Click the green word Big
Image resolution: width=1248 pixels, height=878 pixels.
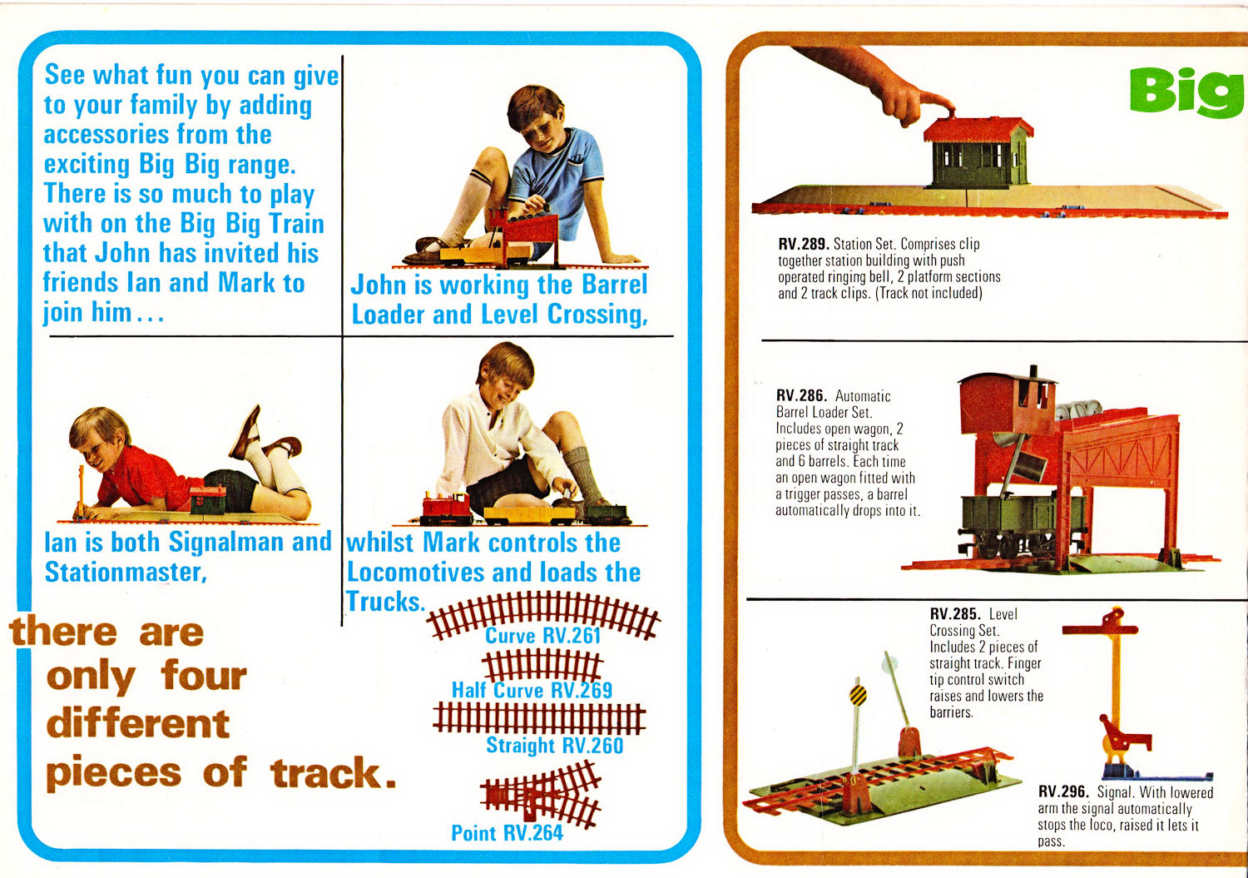point(1186,93)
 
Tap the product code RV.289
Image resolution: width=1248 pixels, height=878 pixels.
point(804,244)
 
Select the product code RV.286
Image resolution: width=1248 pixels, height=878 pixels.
point(801,395)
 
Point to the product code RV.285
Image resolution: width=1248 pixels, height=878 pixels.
point(955,613)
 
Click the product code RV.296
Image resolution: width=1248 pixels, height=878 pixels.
point(1063,791)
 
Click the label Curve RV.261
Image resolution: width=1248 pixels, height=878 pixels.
point(542,636)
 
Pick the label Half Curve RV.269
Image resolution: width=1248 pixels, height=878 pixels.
point(532,690)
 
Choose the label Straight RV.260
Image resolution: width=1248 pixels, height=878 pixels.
point(554,746)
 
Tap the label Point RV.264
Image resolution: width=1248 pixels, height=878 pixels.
point(507,833)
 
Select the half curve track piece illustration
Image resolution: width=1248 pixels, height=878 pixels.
point(542,666)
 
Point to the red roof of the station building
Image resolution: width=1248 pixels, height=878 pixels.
point(978,129)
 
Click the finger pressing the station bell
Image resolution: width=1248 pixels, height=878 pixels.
point(928,103)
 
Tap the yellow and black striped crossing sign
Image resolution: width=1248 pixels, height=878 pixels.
point(858,695)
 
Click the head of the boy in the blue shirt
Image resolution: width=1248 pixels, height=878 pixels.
point(537,117)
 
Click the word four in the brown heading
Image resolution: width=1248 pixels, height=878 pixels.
point(204,677)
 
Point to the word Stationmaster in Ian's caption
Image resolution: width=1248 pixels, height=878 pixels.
point(126,573)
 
